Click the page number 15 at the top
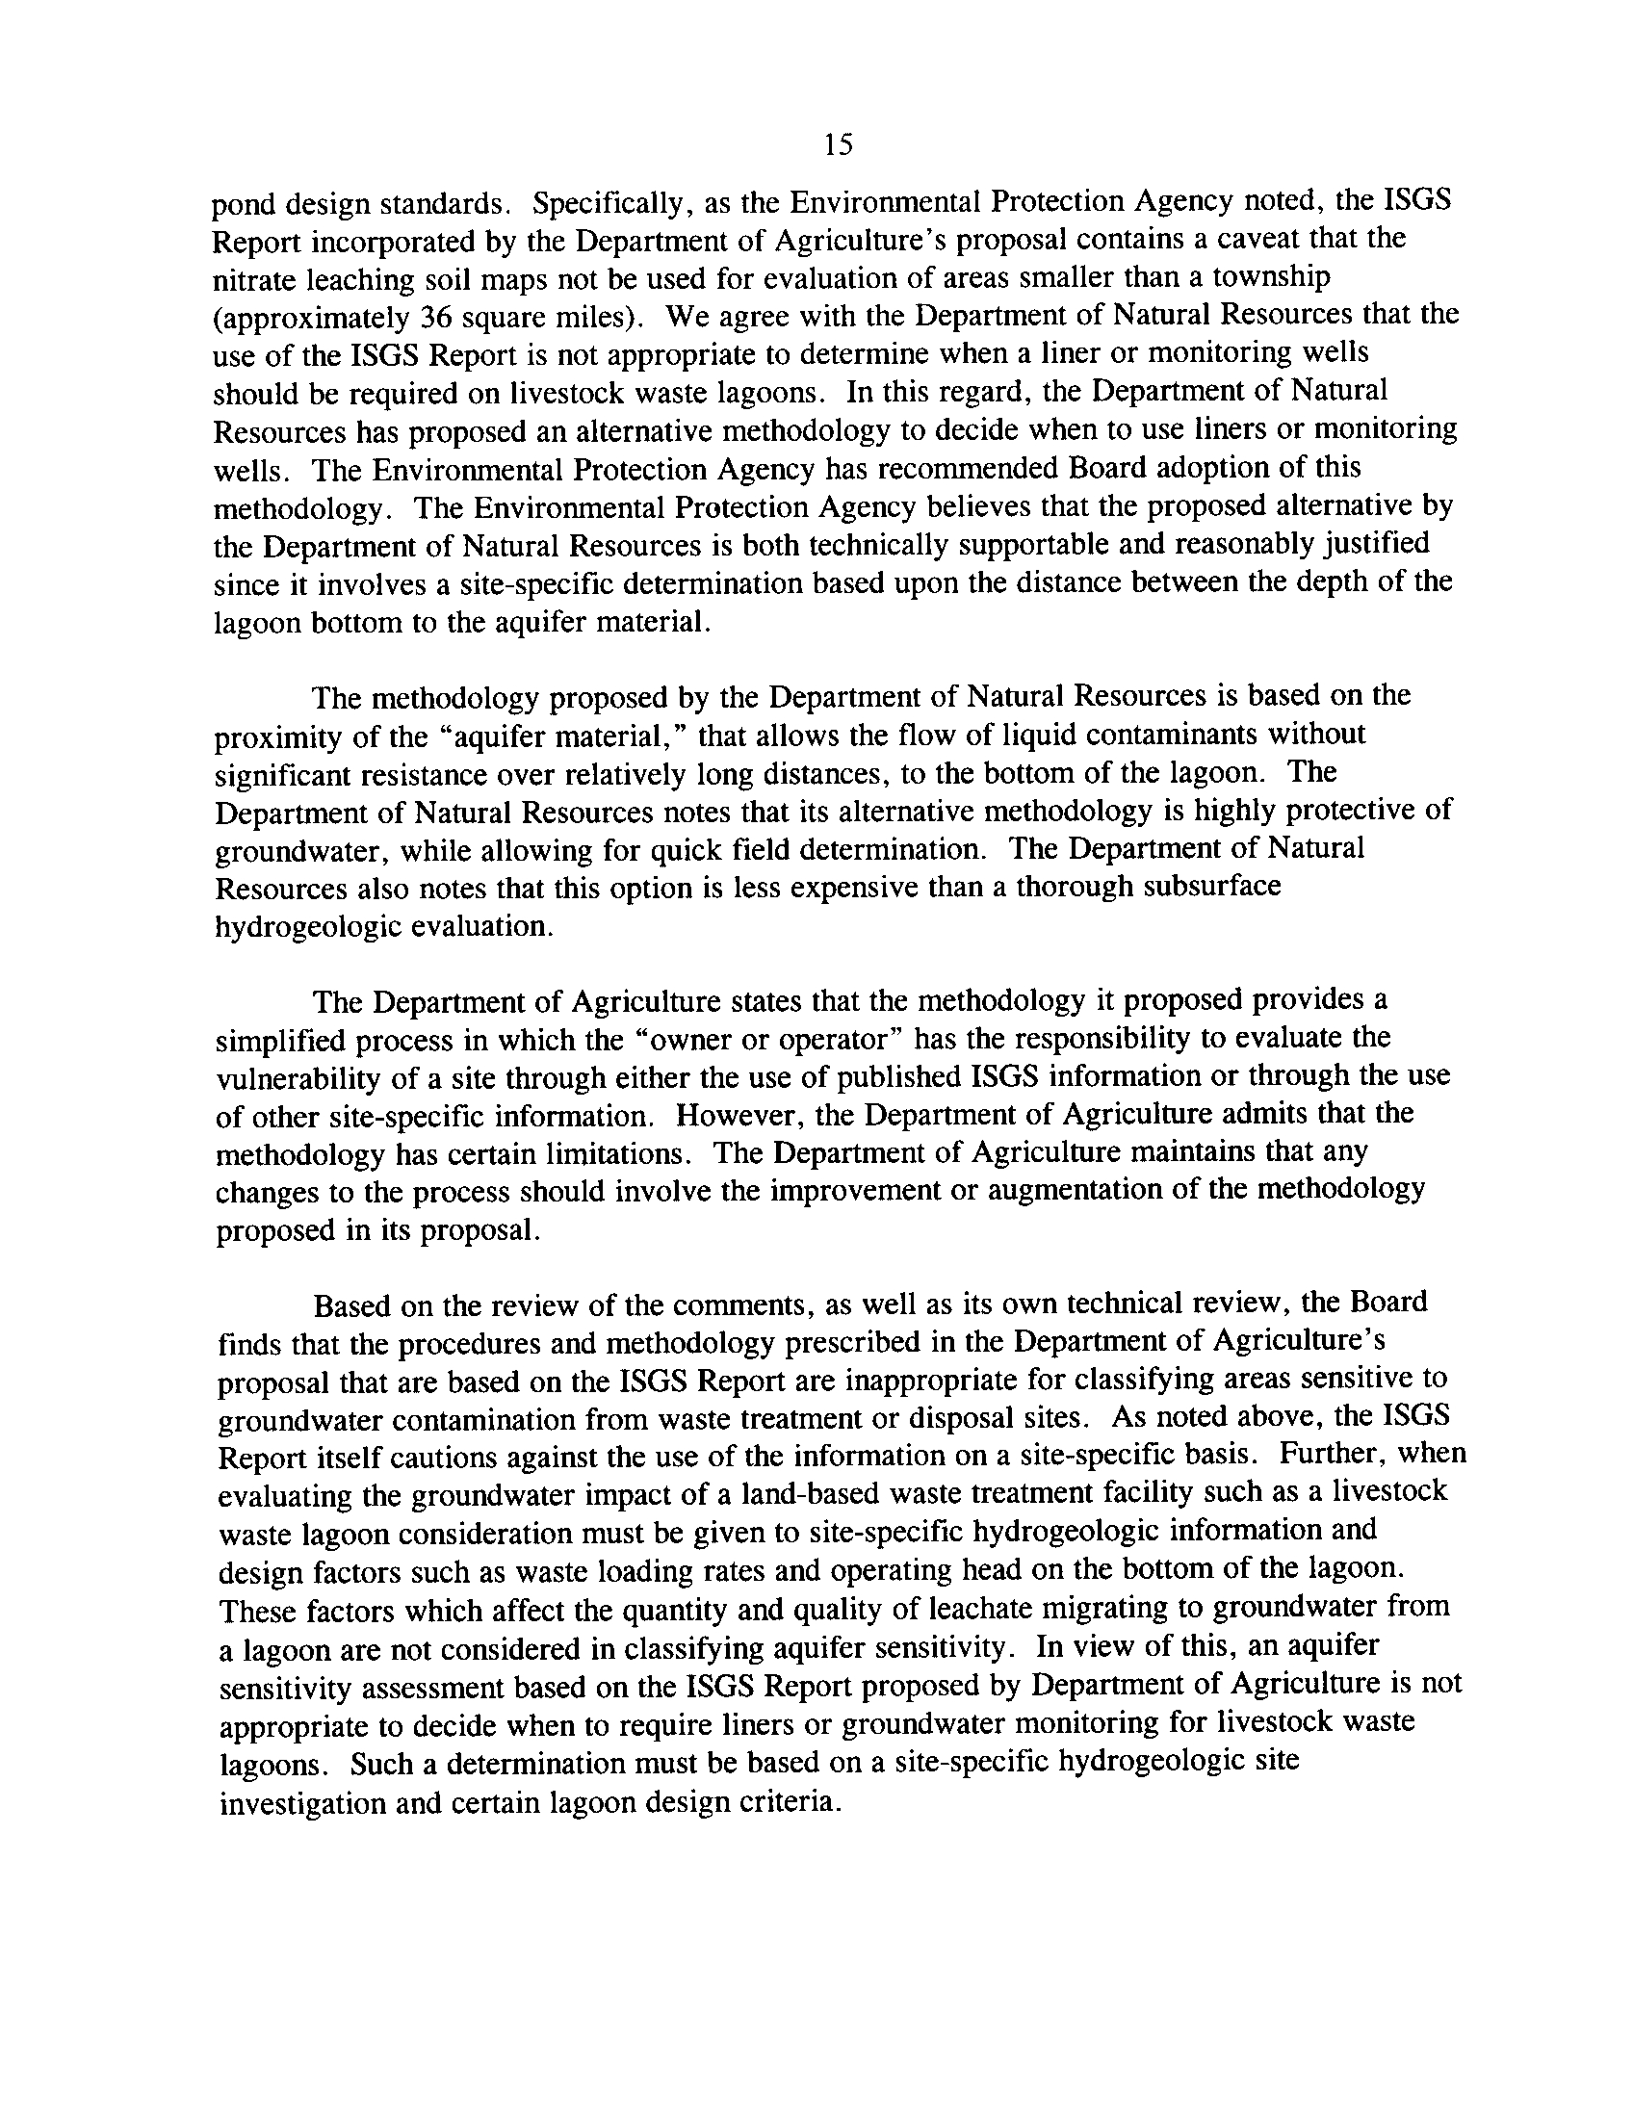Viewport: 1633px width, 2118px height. point(838,145)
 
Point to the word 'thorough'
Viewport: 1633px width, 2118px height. point(1075,888)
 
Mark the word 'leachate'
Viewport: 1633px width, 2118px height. point(975,1609)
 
